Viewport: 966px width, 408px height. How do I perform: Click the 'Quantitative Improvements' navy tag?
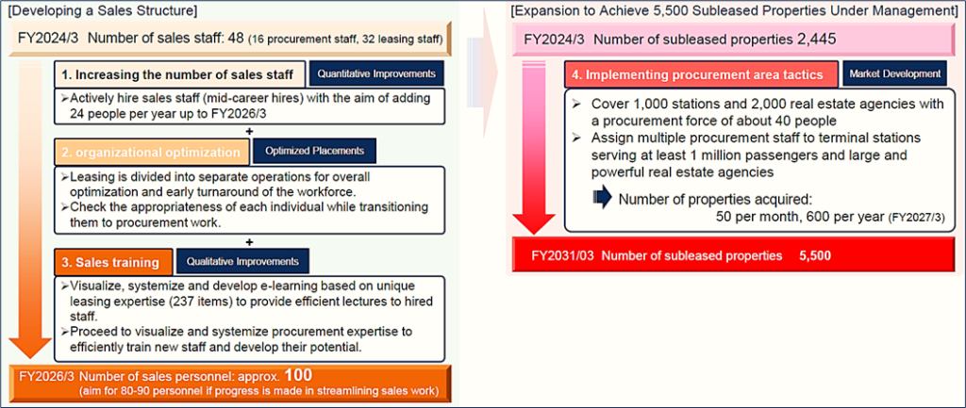[x=376, y=73]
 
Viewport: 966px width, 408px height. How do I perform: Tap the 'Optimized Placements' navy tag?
[x=314, y=151]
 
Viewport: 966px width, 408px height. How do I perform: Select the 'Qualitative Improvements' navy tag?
[x=243, y=261]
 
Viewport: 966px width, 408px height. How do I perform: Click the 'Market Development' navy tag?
[x=894, y=73]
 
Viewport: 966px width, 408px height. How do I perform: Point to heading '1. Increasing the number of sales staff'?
[x=180, y=75]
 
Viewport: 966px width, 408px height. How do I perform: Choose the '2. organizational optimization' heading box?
[x=152, y=153]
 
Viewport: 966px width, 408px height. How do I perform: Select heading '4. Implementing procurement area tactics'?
[x=702, y=75]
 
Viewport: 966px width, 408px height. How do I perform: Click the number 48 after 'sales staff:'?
[x=236, y=38]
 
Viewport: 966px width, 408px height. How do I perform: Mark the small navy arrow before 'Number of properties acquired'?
[x=603, y=198]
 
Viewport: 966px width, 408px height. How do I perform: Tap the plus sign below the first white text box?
[x=249, y=130]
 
